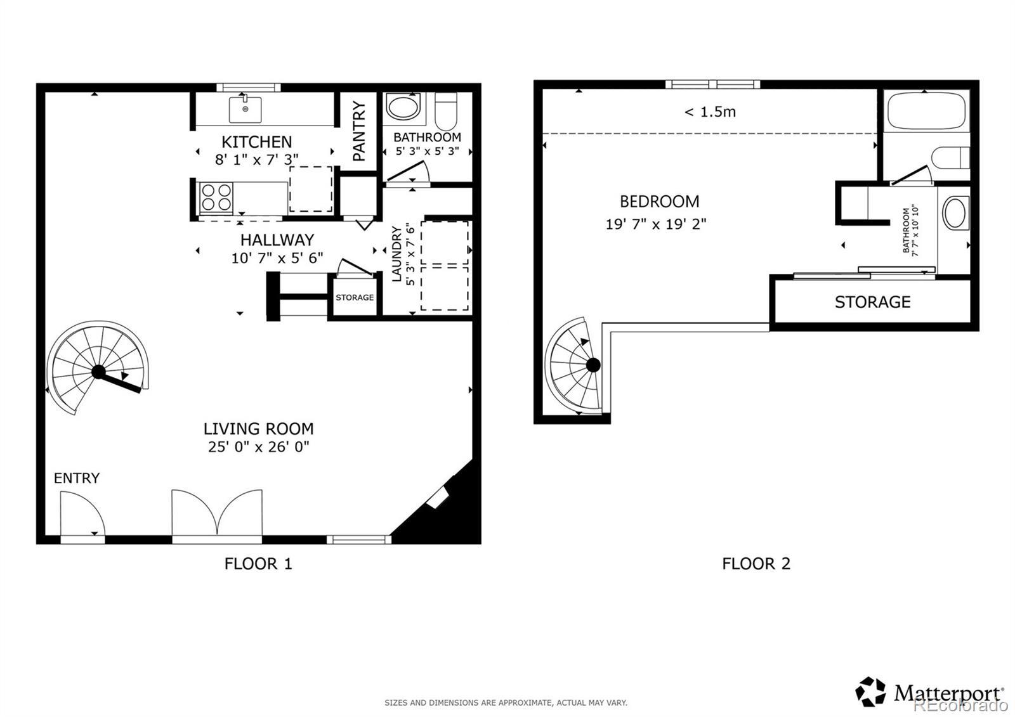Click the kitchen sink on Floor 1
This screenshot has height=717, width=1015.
point(245,109)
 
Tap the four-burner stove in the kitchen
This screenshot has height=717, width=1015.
point(216,198)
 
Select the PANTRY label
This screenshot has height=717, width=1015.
point(359,131)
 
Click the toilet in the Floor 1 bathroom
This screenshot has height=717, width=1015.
point(446,111)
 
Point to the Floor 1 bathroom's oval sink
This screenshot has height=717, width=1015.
point(403,107)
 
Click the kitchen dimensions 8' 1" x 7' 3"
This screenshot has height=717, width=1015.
point(256,159)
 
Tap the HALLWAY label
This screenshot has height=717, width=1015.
point(277,240)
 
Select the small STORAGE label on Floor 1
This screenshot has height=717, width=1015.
point(355,297)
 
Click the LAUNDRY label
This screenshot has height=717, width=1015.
point(396,255)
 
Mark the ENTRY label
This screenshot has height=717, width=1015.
point(77,478)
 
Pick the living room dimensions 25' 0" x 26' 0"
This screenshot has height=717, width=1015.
point(258,447)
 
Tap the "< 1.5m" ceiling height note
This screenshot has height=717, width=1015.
point(710,112)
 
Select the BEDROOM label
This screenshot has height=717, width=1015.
point(659,202)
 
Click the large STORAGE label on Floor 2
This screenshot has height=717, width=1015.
point(873,302)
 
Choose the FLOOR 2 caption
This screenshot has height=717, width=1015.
point(756,564)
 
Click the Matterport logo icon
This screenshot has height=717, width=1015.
point(870,692)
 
